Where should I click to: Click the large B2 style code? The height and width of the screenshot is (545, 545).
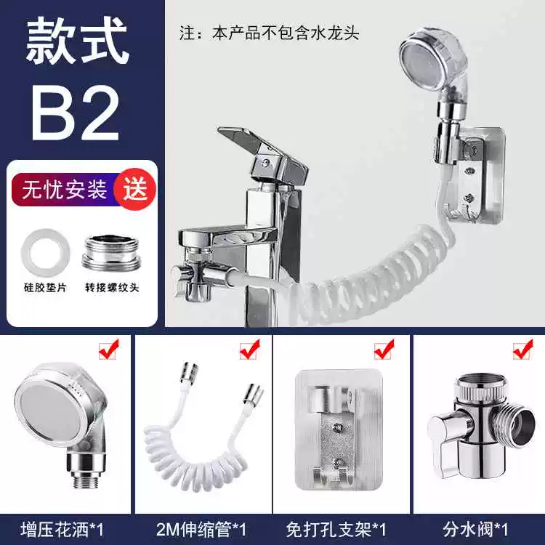tap(76, 112)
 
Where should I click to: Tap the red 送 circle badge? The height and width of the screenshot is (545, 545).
tap(135, 190)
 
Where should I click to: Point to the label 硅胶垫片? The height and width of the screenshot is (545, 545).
tap(45, 288)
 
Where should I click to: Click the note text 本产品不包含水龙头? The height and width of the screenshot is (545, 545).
tap(286, 33)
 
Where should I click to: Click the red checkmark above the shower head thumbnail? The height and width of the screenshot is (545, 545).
tap(109, 349)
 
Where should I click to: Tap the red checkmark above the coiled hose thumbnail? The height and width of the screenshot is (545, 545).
tap(249, 349)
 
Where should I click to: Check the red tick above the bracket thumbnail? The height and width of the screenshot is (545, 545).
tap(384, 349)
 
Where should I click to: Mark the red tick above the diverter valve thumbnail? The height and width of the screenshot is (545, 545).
tap(523, 349)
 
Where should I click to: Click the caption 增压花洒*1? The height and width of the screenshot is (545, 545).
tap(62, 529)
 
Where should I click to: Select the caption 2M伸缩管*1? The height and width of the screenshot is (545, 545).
tap(201, 529)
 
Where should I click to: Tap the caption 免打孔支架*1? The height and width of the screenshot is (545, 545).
tap(336, 529)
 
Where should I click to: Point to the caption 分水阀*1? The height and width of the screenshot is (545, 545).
tap(475, 529)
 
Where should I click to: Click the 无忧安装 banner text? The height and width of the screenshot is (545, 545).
tap(64, 190)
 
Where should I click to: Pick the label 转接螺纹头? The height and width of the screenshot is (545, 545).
tap(112, 288)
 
